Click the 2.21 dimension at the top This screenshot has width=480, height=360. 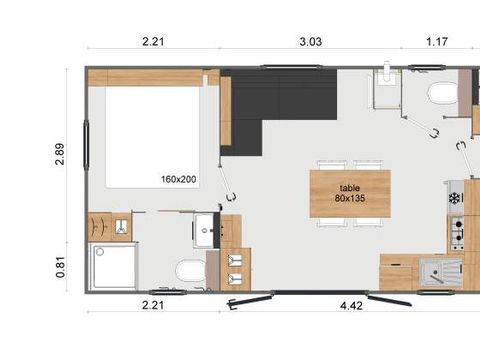pyautogui.click(x=151, y=41)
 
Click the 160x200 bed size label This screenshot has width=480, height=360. pyautogui.click(x=178, y=181)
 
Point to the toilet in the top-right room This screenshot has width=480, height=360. pyautogui.click(x=441, y=95)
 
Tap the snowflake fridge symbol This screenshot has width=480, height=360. pyautogui.click(x=455, y=198)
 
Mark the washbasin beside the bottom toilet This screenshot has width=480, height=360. pyautogui.click(x=206, y=229)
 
